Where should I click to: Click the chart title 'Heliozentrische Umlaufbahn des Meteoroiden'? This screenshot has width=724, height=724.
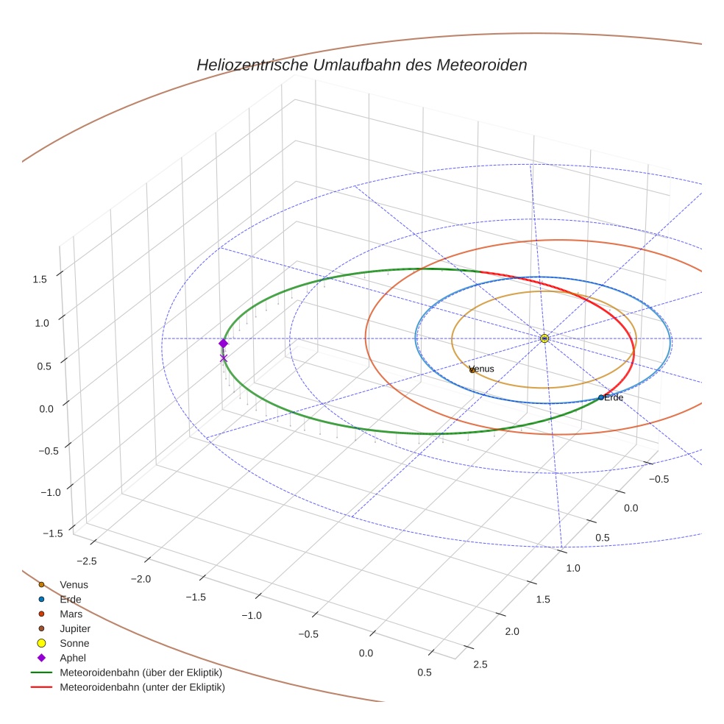point(361,65)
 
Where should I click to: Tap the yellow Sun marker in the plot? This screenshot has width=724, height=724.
point(544,338)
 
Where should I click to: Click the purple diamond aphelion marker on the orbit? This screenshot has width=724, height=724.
point(224,344)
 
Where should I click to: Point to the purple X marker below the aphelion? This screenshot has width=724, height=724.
point(224,358)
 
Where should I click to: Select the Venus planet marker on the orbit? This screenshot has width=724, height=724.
point(472,369)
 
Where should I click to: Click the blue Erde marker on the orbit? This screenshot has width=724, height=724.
point(601,397)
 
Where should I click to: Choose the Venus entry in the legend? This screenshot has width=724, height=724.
point(74,585)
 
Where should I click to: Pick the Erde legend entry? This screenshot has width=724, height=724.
point(71,600)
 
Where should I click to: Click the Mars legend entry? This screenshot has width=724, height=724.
point(71,614)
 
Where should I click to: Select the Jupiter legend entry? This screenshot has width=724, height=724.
point(75,629)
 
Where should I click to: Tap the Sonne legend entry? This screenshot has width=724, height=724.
point(74,644)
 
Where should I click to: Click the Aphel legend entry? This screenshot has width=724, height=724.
point(73,659)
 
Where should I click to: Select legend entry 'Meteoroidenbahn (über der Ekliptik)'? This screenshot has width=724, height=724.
point(141,673)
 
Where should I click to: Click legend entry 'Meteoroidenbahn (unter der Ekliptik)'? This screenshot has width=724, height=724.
point(142,688)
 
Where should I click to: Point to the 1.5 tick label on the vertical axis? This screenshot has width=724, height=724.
point(40,279)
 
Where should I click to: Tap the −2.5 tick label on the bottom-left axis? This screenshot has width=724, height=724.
point(86,561)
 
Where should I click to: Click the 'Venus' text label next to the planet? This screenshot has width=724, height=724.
point(481,369)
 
